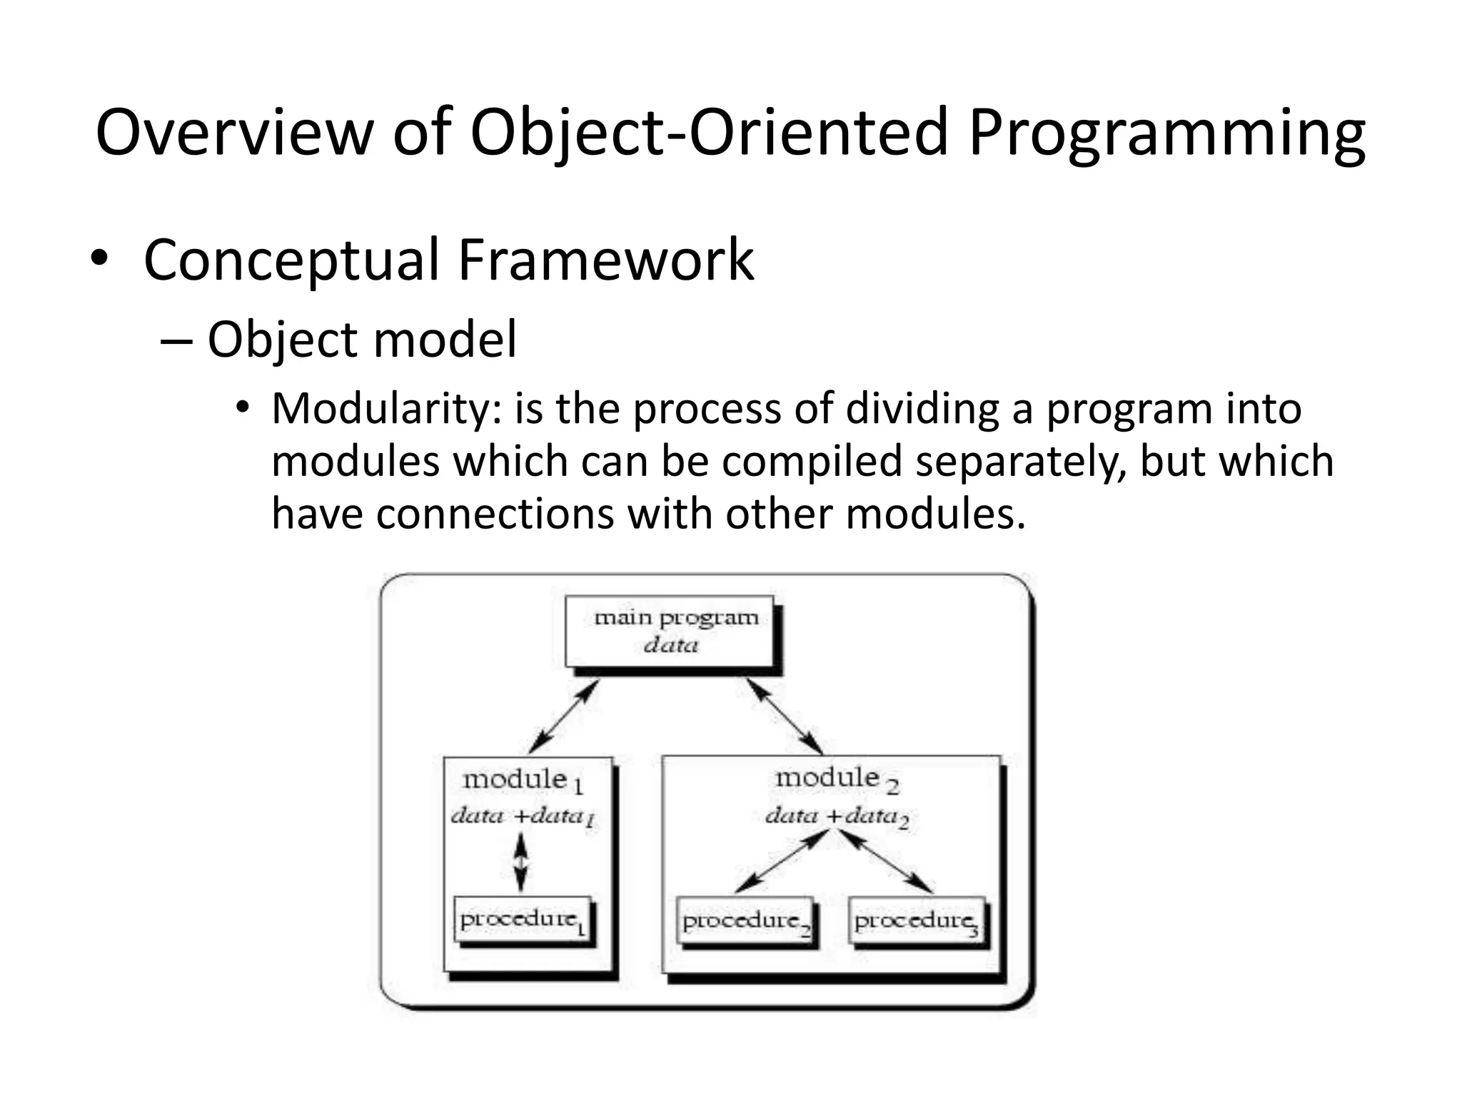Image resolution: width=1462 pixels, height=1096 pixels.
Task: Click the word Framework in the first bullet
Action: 605,260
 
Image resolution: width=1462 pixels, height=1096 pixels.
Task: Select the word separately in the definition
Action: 1017,462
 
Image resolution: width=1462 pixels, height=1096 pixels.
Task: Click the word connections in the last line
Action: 495,514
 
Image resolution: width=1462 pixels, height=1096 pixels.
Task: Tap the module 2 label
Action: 836,778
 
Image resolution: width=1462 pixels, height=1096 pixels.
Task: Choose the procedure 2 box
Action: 745,921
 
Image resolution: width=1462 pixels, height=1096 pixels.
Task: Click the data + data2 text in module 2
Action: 836,816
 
